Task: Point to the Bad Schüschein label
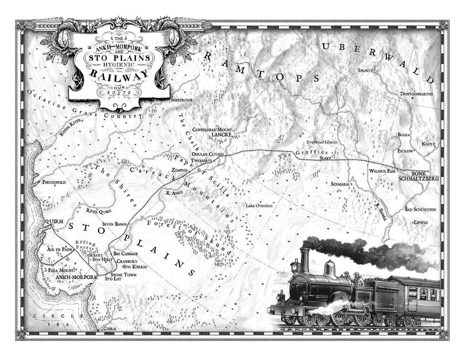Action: tap(420, 209)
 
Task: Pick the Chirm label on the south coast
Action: tap(109, 328)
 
